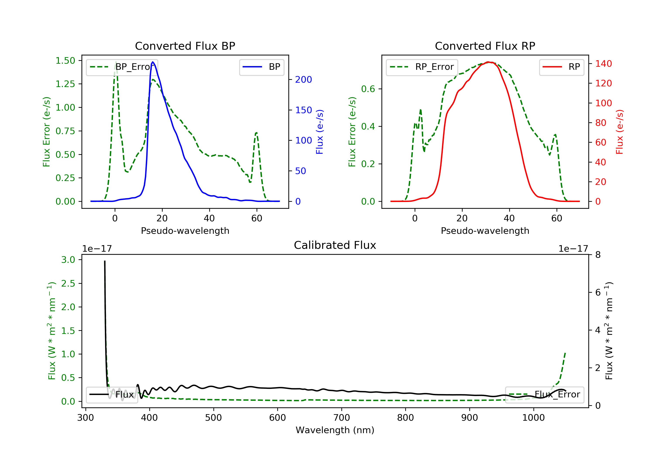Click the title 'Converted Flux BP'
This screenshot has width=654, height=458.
(185, 46)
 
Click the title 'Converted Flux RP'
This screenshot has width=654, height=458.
(485, 46)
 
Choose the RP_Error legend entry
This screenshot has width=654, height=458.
(422, 67)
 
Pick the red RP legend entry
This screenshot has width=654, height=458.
(561, 67)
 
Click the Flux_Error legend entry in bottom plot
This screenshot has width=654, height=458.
(544, 395)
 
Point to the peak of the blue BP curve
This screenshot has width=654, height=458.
(153, 62)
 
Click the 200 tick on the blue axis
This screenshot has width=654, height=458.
(303, 80)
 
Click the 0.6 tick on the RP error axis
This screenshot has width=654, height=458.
(368, 89)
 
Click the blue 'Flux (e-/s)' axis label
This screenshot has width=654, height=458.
(320, 132)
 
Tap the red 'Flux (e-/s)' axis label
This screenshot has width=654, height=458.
(620, 132)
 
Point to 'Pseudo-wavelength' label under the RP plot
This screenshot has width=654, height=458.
(485, 231)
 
